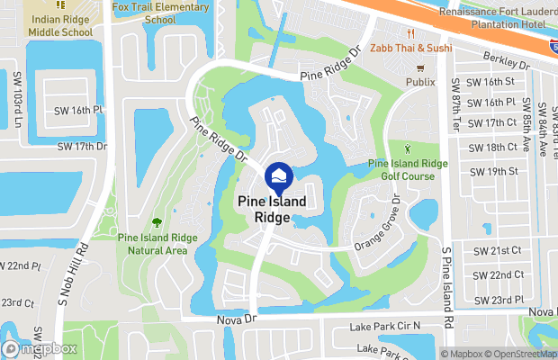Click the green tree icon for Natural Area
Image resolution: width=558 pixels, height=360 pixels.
click(157, 221)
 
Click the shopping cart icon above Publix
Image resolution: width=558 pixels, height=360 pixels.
click(419, 68)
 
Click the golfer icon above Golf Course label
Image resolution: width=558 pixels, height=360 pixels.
click(408, 148)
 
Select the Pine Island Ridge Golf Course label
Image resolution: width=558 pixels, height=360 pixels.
click(408, 169)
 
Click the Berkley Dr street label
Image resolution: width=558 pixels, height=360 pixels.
click(507, 63)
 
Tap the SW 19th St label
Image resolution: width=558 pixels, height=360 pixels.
click(496, 171)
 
